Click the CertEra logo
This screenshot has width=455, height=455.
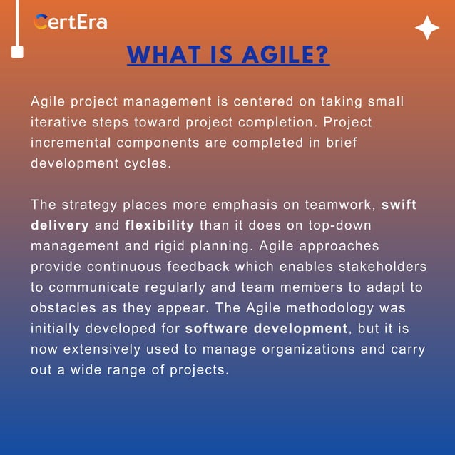tap(70, 21)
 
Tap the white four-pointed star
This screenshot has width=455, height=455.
tap(427, 29)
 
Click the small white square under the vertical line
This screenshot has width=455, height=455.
tap(18, 52)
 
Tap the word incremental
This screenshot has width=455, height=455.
tap(72, 143)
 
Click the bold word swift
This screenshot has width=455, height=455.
tap(399, 205)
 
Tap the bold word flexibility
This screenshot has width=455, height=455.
tap(159, 226)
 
